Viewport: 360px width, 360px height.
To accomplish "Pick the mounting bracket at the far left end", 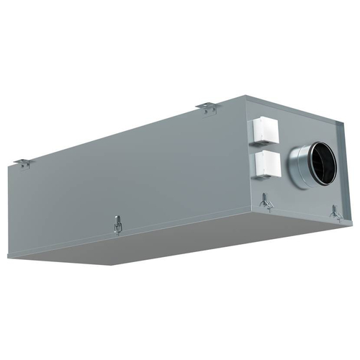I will pyautogui.click(x=24, y=163).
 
